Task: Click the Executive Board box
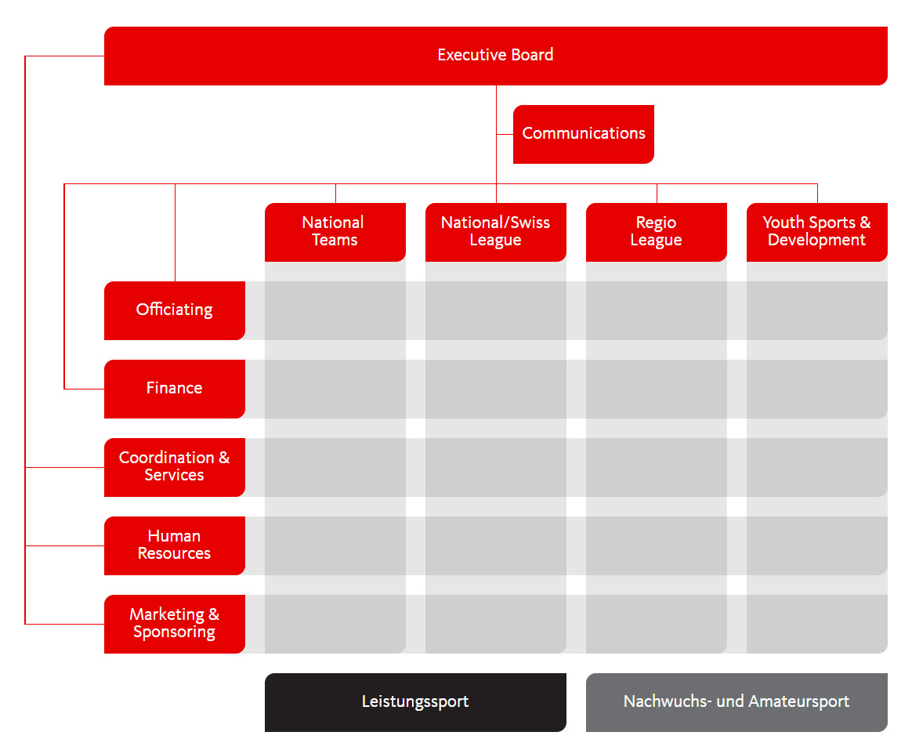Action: [x=495, y=56]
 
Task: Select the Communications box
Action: [x=583, y=134]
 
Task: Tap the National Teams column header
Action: [x=335, y=232]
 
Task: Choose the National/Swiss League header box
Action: [x=495, y=232]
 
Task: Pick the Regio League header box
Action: [x=656, y=232]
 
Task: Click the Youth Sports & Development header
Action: [x=816, y=232]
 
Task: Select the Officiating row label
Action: [x=174, y=310]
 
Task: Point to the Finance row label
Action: [x=174, y=389]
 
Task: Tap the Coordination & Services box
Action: [x=174, y=467]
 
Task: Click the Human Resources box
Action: [x=174, y=545]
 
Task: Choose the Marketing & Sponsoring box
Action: [x=174, y=624]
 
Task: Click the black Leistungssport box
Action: [x=415, y=702]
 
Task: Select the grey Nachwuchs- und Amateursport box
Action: [x=736, y=702]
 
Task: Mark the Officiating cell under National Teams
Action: [x=335, y=310]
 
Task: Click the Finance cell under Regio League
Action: [x=656, y=389]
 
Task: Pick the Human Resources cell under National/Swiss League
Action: [x=495, y=545]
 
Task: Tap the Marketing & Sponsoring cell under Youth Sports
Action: [x=816, y=624]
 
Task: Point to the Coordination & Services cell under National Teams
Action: [x=335, y=467]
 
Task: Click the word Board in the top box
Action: [x=533, y=55]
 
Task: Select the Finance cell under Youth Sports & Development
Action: [x=816, y=389]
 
